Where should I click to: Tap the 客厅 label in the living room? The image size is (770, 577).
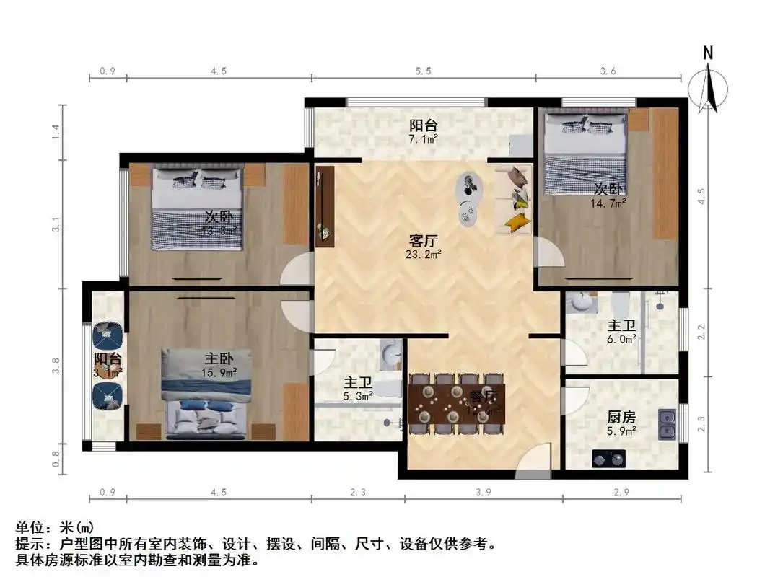(424, 240)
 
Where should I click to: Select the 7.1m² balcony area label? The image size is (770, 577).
(424, 138)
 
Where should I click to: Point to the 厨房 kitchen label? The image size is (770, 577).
(621, 417)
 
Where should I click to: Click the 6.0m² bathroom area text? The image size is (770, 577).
(621, 338)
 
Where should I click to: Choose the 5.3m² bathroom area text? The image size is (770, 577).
(357, 395)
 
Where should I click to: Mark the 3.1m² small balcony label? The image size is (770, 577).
(107, 371)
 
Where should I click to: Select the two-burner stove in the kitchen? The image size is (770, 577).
(608, 458)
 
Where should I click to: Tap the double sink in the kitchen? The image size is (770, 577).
(668, 423)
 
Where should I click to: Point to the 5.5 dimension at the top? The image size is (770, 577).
(424, 71)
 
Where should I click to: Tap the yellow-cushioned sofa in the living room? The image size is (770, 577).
(514, 199)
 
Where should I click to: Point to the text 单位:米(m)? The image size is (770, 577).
(55, 528)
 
